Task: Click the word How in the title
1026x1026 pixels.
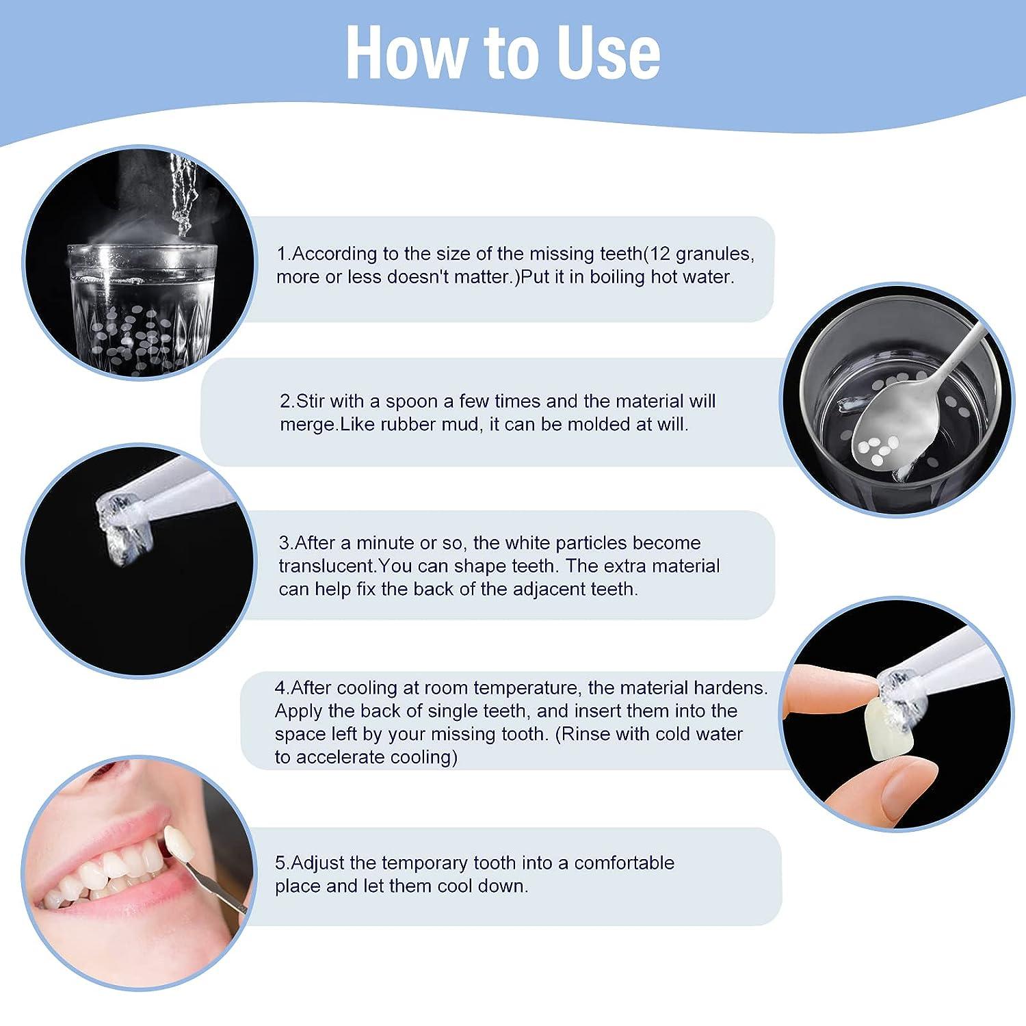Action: click(399, 53)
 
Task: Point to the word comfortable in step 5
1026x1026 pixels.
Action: click(624, 863)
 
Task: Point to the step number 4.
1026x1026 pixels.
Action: click(280, 687)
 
